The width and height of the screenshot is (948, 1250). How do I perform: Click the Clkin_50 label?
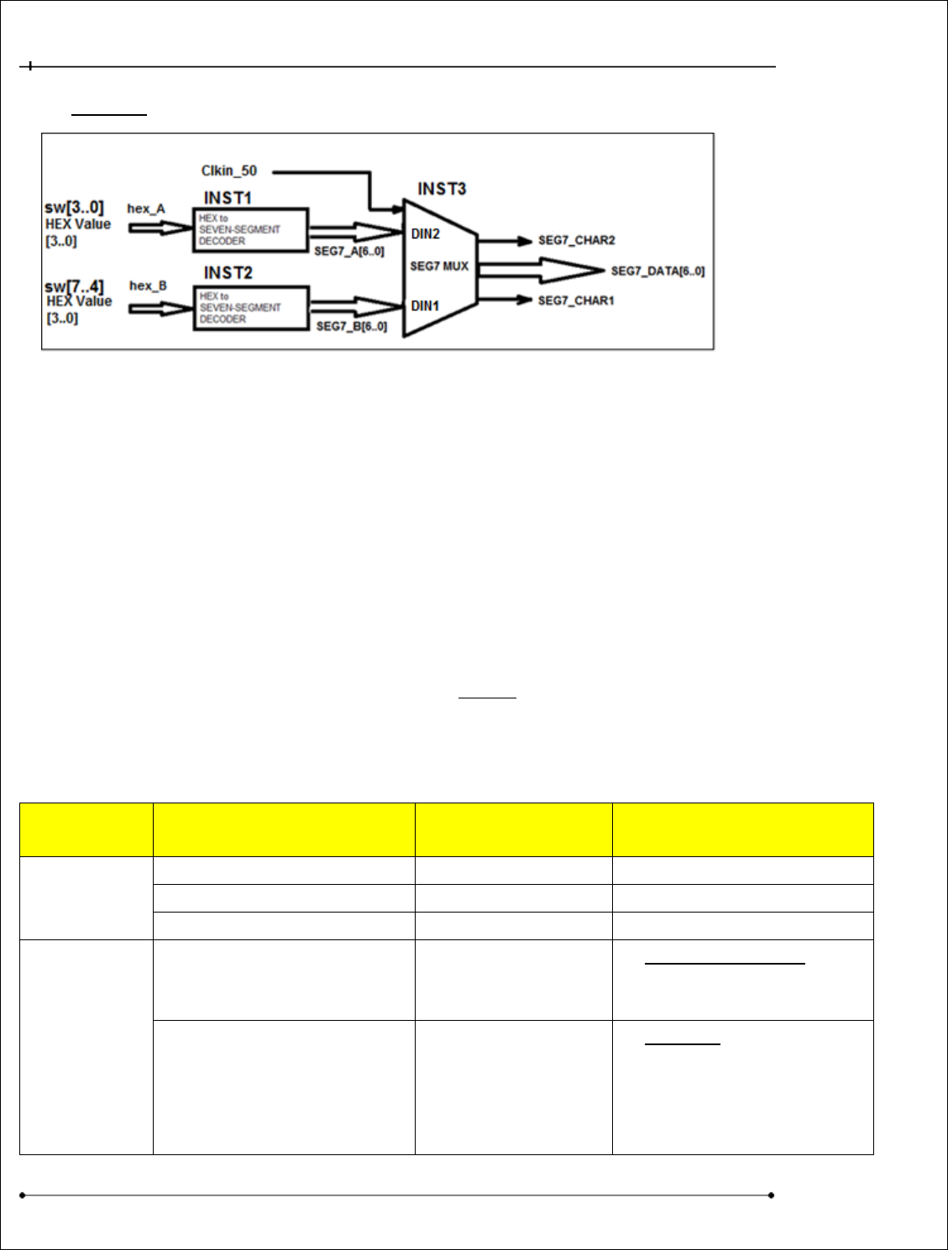click(x=228, y=171)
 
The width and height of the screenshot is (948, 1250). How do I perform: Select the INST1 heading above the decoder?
click(x=228, y=200)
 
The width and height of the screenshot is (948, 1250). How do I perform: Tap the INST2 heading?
click(x=228, y=273)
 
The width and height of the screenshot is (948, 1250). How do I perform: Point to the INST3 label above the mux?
click(x=442, y=188)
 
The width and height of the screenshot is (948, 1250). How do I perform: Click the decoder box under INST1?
click(x=250, y=229)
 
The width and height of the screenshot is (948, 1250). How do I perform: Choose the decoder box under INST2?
click(x=250, y=308)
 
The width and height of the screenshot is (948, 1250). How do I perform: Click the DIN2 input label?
click(x=426, y=234)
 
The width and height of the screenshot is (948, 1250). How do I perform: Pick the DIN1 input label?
click(x=426, y=306)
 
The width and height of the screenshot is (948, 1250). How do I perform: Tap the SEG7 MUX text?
click(x=439, y=267)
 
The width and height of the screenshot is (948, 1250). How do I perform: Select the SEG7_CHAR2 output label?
click(x=577, y=241)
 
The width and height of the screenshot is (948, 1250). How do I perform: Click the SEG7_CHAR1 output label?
click(x=577, y=301)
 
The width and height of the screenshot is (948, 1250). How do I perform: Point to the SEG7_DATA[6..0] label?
click(x=657, y=271)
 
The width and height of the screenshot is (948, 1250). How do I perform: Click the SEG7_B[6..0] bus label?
click(x=352, y=327)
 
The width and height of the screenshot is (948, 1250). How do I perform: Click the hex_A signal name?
click(x=147, y=208)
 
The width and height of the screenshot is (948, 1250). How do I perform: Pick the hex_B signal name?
click(x=148, y=286)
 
